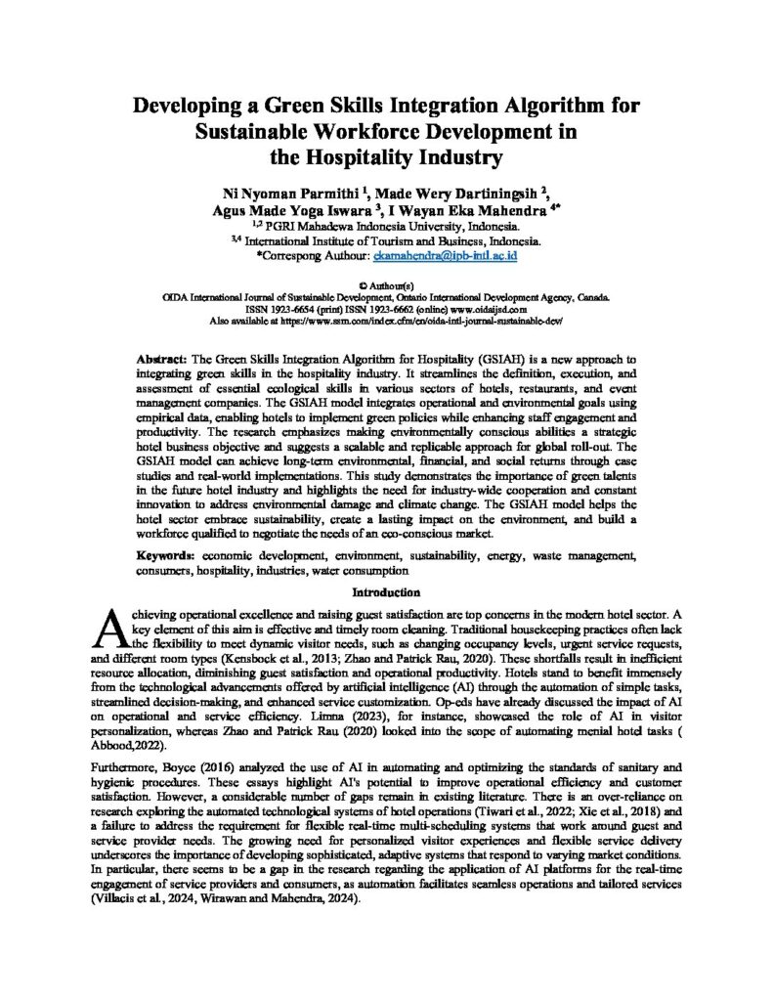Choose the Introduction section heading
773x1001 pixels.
click(386, 591)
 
